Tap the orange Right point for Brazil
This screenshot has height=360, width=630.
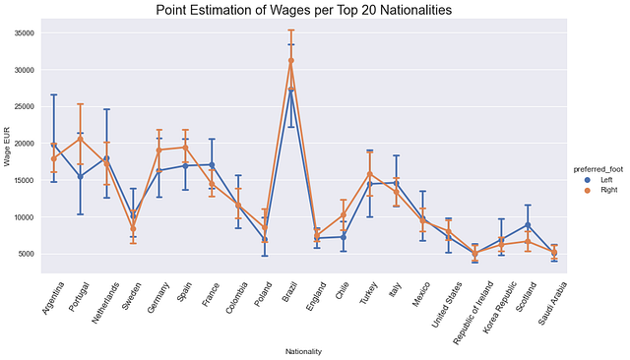click(291, 60)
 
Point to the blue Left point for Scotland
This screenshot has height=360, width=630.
click(528, 224)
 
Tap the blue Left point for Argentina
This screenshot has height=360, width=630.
click(54, 145)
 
